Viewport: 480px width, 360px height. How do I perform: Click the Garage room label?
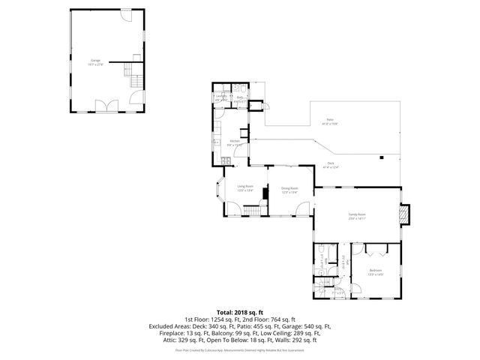(96, 61)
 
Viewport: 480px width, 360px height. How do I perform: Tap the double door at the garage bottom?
(109, 106)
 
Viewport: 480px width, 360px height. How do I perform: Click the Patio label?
(328, 121)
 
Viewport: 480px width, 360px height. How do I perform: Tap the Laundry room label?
(221, 97)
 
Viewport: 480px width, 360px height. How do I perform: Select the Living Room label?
(246, 188)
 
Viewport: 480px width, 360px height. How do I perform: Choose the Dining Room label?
(289, 190)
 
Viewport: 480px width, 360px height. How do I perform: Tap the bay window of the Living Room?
(219, 190)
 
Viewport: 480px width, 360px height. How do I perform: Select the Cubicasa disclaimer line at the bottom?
(239, 349)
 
